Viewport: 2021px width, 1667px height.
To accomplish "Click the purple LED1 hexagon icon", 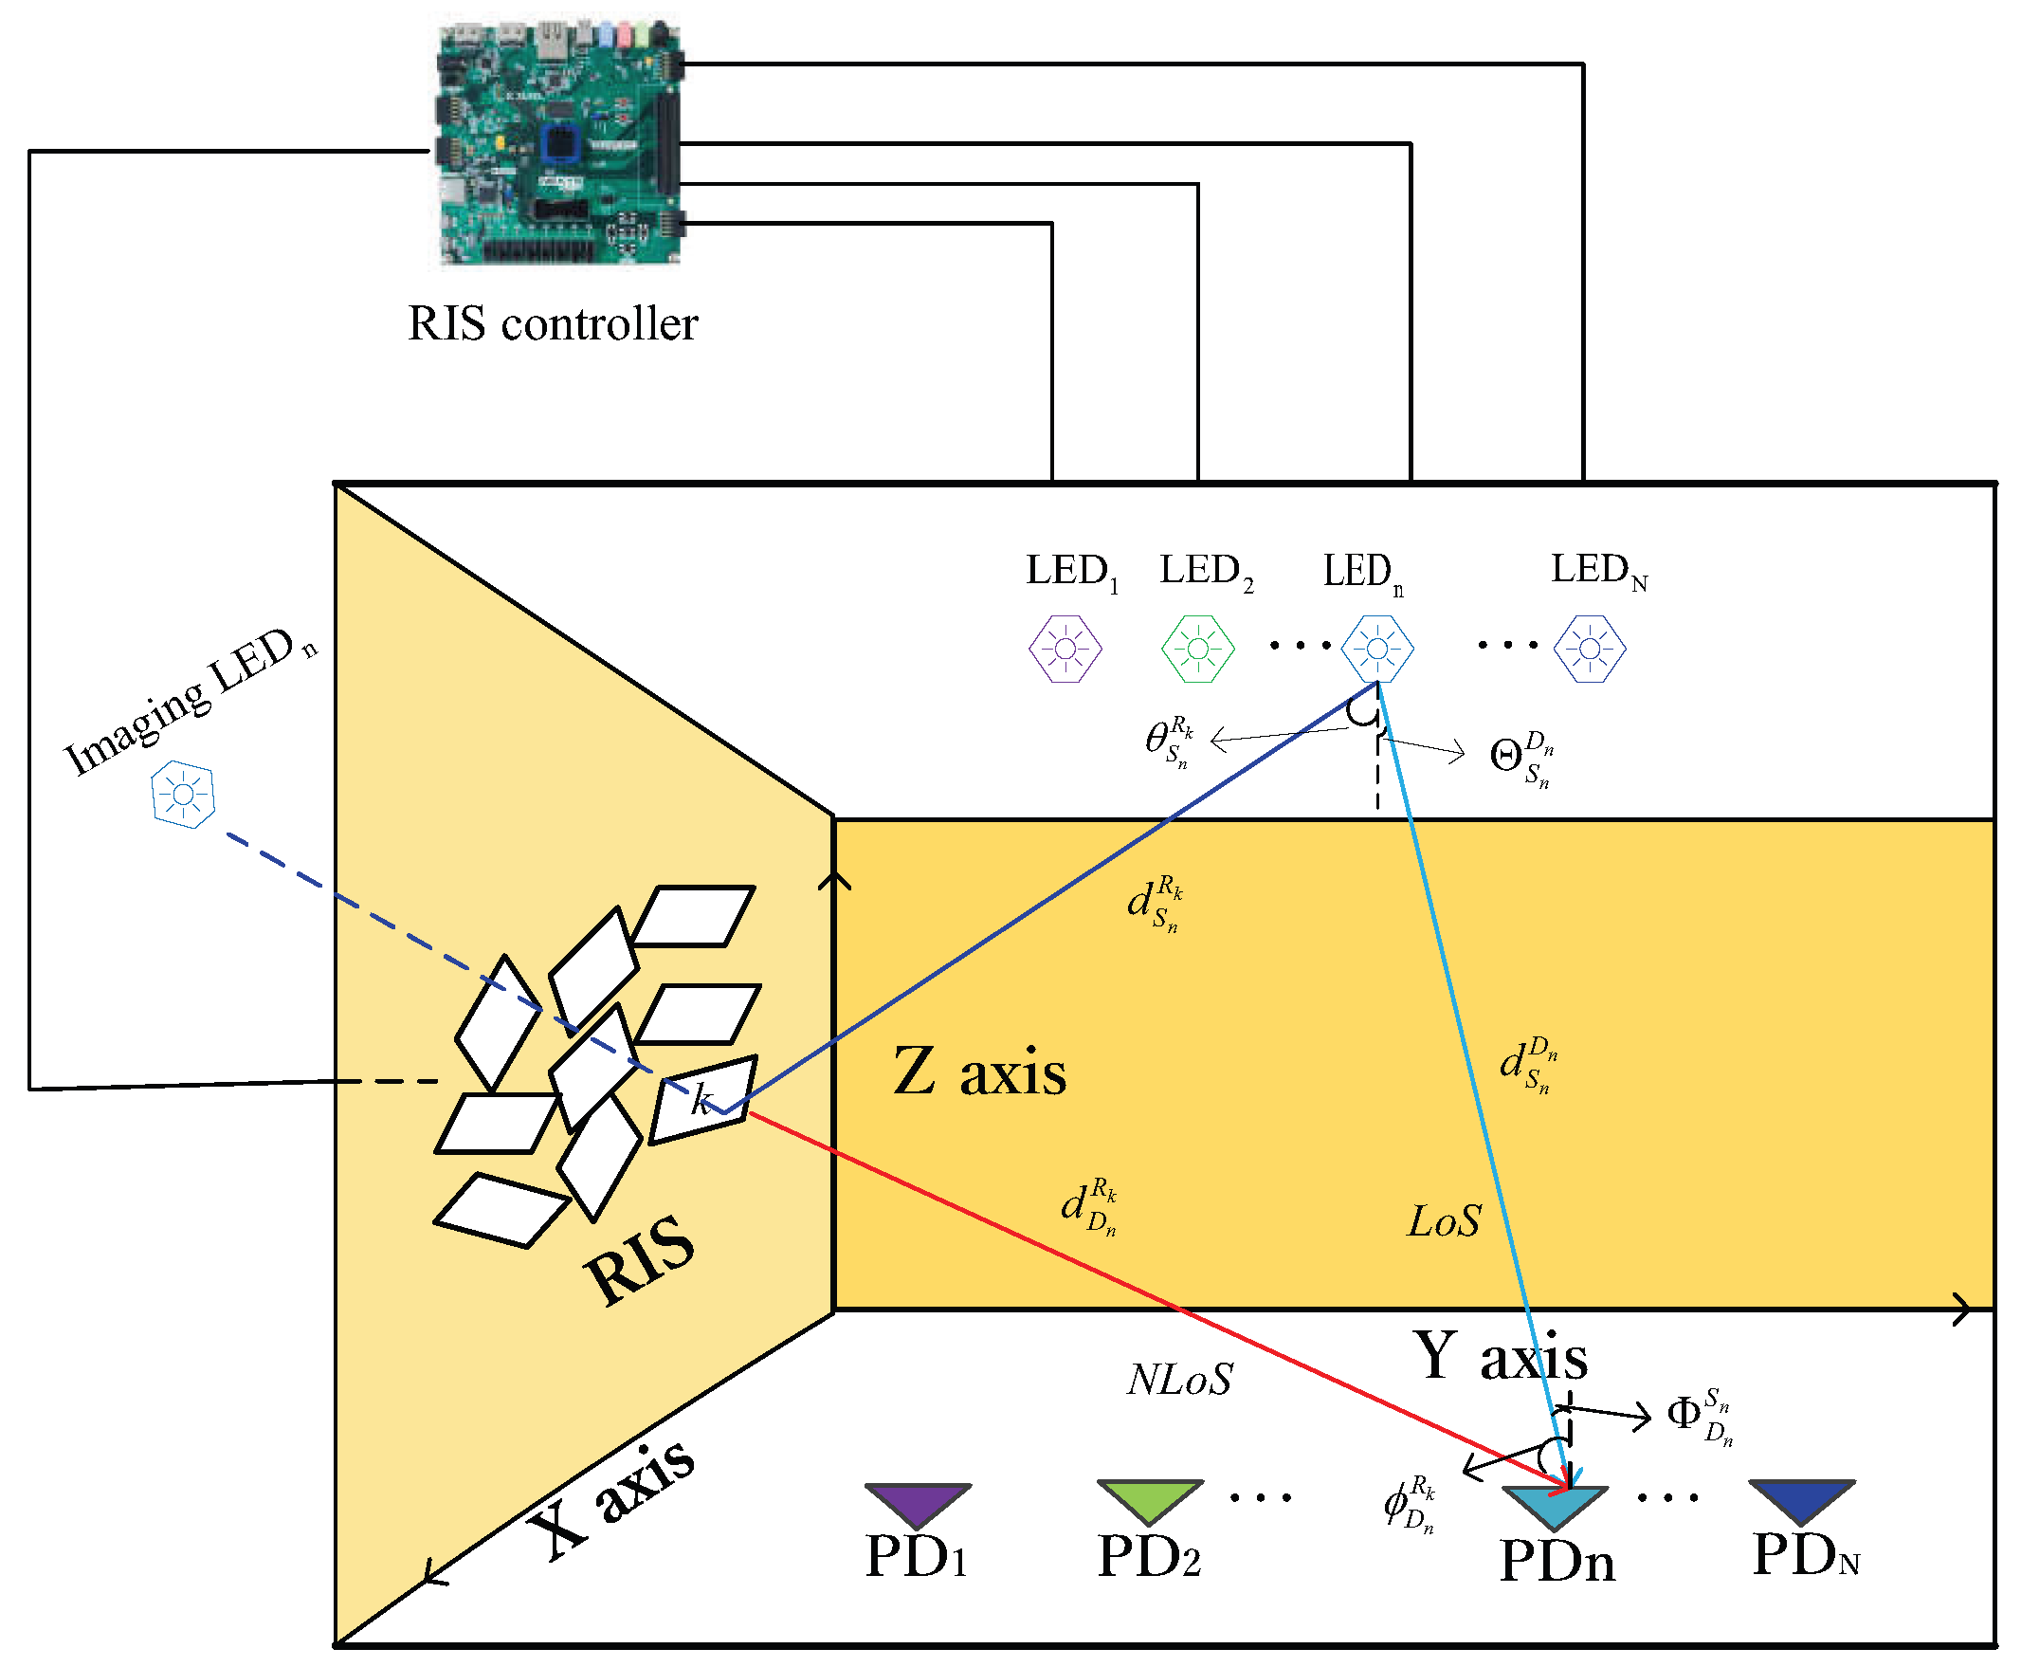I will pyautogui.click(x=1064, y=650).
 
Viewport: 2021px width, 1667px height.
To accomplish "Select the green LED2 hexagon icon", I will pyautogui.click(x=1197, y=650).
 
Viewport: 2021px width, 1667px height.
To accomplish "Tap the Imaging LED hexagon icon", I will pyautogui.click(x=182, y=794).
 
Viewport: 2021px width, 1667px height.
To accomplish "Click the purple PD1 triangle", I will pyautogui.click(x=917, y=1502).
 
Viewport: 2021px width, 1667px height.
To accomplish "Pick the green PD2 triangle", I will pyautogui.click(x=1149, y=1499).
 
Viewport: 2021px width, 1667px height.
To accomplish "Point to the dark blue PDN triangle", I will pyautogui.click(x=1801, y=1499).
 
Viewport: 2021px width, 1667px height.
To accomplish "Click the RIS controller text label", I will pyautogui.click(x=552, y=323).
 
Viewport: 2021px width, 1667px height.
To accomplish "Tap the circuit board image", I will pyautogui.click(x=559, y=144).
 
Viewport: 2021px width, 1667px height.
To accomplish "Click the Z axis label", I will pyautogui.click(x=978, y=1072).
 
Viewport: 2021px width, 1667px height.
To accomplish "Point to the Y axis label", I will pyautogui.click(x=1500, y=1357).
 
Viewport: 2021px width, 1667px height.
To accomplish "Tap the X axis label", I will pyautogui.click(x=610, y=1499).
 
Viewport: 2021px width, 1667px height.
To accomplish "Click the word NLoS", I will pyautogui.click(x=1179, y=1380).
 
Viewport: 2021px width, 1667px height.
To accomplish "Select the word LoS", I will pyautogui.click(x=1443, y=1221).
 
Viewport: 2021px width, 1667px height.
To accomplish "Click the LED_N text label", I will pyautogui.click(x=1597, y=572).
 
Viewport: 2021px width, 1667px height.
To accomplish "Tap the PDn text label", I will pyautogui.click(x=1557, y=1562).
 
